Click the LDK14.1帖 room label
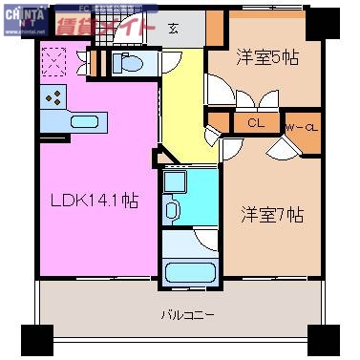94,201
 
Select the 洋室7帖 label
271,214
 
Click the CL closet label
256,123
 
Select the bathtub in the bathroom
190,271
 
